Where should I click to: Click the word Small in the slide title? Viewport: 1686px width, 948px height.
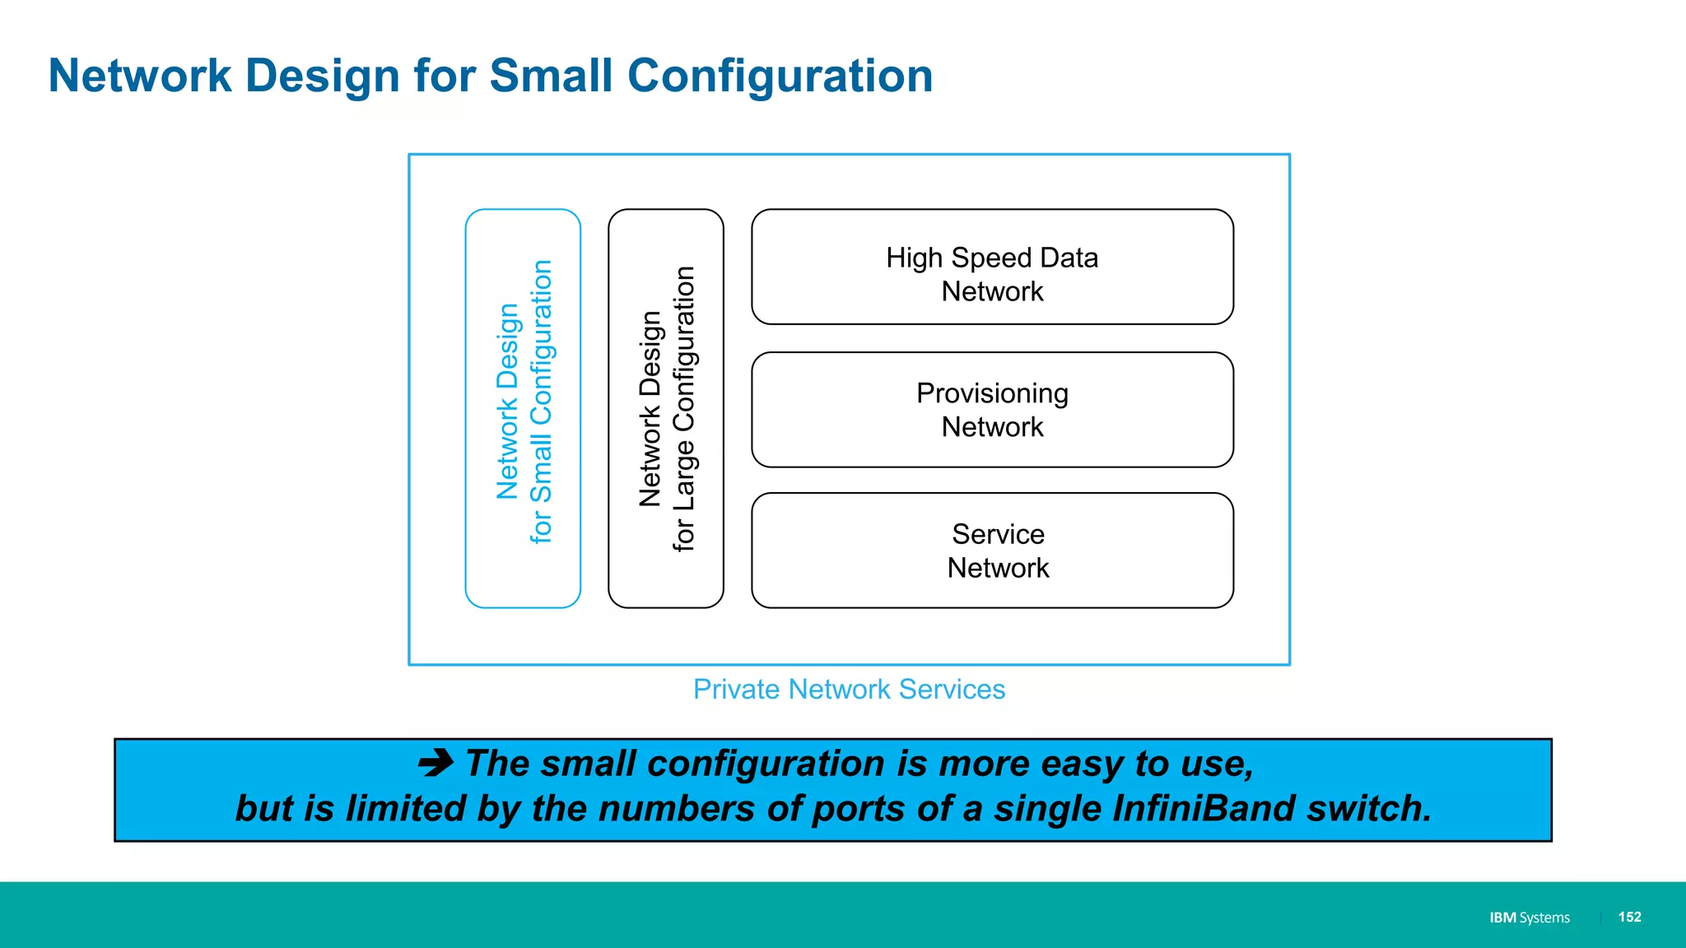coord(551,76)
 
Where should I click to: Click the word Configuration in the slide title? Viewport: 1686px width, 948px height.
coord(780,76)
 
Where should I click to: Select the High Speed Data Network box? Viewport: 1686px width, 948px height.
coord(992,267)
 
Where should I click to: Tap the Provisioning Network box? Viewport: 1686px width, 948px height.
coord(992,410)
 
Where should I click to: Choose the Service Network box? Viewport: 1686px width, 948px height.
coord(992,551)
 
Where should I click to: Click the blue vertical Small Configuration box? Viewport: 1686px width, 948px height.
coord(523,408)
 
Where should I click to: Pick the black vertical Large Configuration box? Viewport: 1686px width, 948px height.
coord(666,408)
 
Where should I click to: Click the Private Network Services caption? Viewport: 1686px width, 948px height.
coord(849,689)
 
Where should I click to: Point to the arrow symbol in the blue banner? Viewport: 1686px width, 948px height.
coord(435,763)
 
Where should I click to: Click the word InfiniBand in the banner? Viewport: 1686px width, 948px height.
coord(1204,808)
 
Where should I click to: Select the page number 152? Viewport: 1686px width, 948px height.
coord(1629,917)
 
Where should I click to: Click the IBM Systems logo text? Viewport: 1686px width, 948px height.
coord(1529,918)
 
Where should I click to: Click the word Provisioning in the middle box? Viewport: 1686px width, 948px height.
coord(992,393)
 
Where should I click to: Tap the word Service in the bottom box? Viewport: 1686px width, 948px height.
coord(998,534)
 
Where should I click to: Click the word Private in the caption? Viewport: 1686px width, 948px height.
coord(736,689)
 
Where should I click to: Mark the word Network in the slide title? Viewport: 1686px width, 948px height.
coord(140,76)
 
